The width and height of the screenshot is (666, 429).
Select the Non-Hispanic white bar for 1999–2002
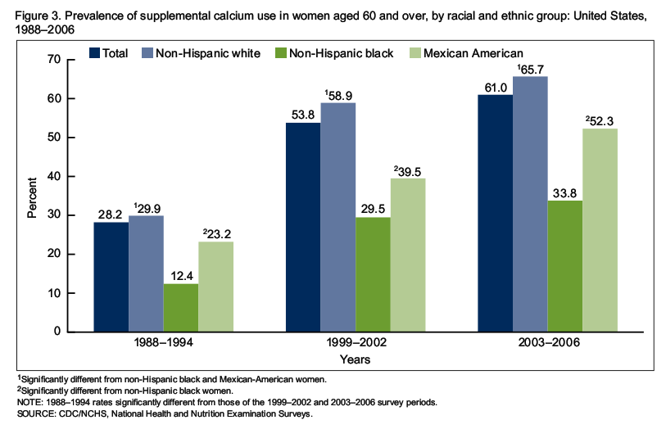tap(338, 217)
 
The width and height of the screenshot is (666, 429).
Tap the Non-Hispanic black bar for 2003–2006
tap(565, 266)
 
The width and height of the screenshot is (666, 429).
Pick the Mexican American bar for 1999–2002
tap(408, 255)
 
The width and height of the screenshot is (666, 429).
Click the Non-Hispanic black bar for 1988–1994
tap(180, 308)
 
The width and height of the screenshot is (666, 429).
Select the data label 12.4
tap(180, 276)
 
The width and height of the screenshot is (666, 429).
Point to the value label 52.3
tap(601, 120)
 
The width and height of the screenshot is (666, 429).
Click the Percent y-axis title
tap(33, 196)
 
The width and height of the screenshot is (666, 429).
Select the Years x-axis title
tap(356, 359)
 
